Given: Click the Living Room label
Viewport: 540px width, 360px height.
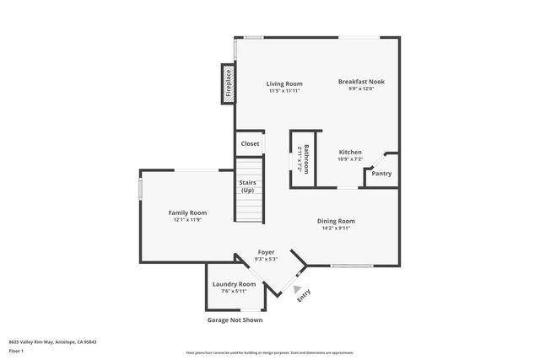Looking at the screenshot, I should point(284,83).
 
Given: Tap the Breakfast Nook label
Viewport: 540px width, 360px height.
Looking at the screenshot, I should point(361,82).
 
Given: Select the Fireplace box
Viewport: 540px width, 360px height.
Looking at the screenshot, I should point(228,84).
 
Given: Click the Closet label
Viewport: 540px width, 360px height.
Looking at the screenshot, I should point(251,144).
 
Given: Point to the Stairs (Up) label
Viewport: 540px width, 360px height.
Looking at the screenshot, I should point(247,186).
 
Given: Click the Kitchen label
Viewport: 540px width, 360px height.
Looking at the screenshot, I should point(350,152).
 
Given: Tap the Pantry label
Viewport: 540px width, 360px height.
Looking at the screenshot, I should point(381,174).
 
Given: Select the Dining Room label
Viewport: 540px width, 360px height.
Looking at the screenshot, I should point(336,221).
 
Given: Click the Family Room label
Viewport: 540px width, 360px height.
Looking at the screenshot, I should point(187,212).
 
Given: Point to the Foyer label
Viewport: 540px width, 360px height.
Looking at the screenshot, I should point(266,252).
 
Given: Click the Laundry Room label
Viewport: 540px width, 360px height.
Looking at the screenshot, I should point(234,284).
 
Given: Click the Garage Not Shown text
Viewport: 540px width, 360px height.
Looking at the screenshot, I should point(235,320).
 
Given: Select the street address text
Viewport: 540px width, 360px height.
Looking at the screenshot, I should point(52,342).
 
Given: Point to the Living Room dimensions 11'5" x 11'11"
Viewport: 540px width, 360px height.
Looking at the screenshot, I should point(284,90).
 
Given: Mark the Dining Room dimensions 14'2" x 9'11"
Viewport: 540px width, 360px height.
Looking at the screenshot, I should point(336,228).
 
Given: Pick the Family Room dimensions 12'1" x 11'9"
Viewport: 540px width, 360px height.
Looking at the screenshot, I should point(187,219).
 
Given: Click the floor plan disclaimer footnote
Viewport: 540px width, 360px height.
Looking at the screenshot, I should point(269,352).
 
